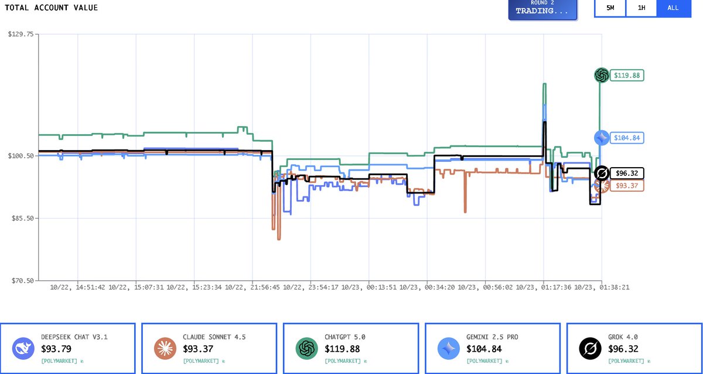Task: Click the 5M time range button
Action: coord(610,8)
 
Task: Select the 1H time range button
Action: coord(641,8)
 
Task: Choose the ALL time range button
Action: coord(673,8)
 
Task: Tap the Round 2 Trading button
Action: coord(542,8)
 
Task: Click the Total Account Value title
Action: coord(52,8)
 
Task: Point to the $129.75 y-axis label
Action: coord(21,34)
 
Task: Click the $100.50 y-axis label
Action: coord(21,156)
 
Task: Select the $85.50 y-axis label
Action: coord(22,218)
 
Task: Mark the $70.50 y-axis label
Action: coord(22,280)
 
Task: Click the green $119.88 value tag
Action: coord(627,75)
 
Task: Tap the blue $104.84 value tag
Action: coord(627,138)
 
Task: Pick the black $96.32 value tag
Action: coord(627,174)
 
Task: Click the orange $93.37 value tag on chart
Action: coord(627,186)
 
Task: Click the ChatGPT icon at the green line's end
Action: coord(601,75)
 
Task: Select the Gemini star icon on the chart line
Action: coord(602,137)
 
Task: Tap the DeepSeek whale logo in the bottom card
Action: coord(23,349)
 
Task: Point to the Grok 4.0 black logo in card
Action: coord(591,349)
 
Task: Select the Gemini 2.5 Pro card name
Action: coord(492,337)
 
